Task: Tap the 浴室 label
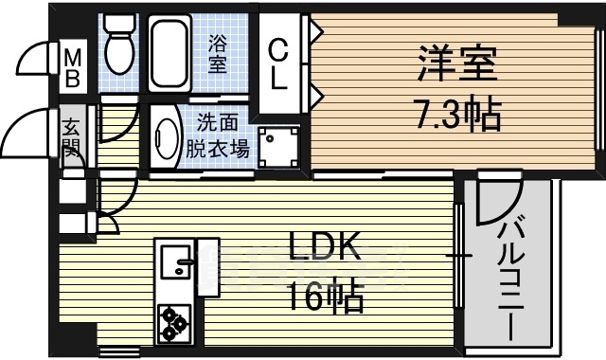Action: click(x=218, y=53)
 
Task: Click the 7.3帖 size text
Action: click(x=455, y=117)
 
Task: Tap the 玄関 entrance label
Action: click(x=73, y=138)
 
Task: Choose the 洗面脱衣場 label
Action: click(x=223, y=135)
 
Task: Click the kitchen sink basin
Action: click(x=174, y=261)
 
